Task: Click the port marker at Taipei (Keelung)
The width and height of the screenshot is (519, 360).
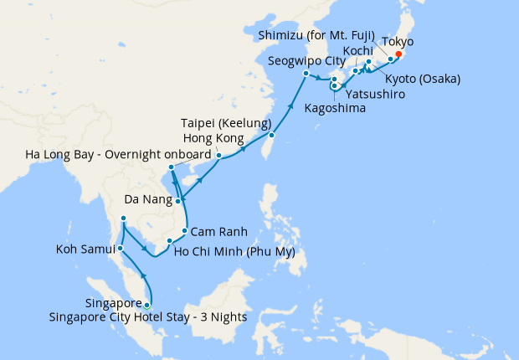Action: [x=272, y=135]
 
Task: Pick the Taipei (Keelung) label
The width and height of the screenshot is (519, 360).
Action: [x=227, y=122]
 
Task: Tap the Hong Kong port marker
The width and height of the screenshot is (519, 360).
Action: [x=218, y=155]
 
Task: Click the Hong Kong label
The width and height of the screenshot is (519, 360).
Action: [x=213, y=138]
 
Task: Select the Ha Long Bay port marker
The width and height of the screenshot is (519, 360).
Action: [x=171, y=167]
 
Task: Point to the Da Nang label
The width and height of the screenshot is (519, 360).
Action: [x=146, y=200]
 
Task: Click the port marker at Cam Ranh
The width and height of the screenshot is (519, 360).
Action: [x=184, y=230]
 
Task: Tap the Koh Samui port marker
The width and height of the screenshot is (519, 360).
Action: [x=121, y=248]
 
